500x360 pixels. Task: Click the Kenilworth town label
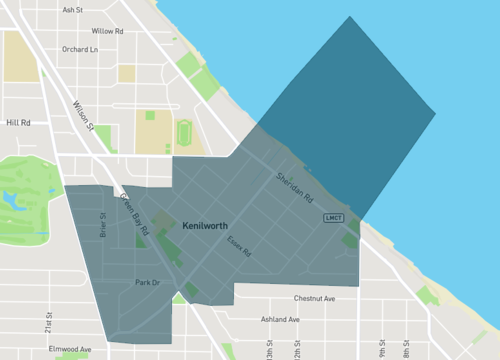pos(212,227)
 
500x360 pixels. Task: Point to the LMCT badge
pos(333,218)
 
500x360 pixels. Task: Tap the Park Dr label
pos(147,283)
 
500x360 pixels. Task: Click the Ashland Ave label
pos(280,319)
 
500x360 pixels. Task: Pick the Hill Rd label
pos(19,123)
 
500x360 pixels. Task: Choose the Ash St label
pos(72,10)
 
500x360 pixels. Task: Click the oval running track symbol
pos(183,132)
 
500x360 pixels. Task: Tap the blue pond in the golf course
pos(14,200)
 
